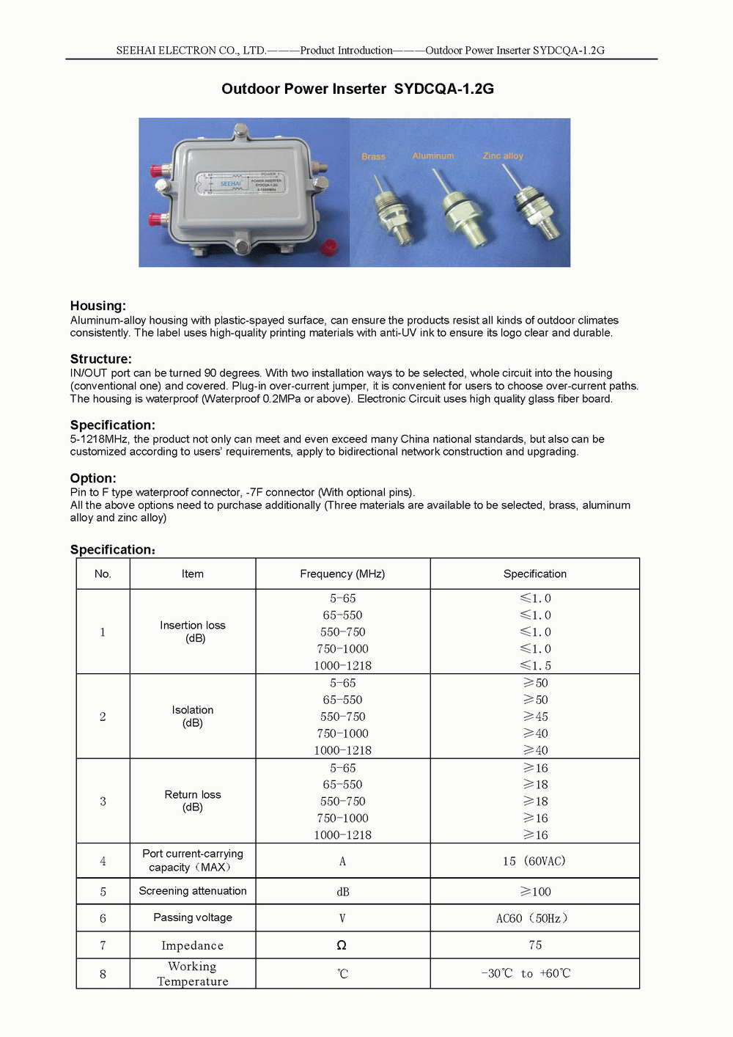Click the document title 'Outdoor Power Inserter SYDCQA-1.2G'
point(358,89)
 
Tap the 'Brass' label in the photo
point(373,156)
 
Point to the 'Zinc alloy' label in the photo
point(503,155)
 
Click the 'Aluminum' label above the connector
point(433,155)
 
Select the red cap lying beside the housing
point(331,246)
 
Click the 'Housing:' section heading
point(98,306)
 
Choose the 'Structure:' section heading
point(101,359)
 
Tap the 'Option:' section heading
point(93,478)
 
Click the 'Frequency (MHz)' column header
point(342,574)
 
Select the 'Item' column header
point(193,574)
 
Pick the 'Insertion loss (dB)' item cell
point(193,631)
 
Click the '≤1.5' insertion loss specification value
point(535,666)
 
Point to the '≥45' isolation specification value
point(535,717)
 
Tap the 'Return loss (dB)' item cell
point(193,801)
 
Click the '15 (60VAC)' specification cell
point(534,861)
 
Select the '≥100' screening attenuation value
point(535,892)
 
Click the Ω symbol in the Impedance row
point(342,945)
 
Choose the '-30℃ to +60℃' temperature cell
point(526,973)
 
